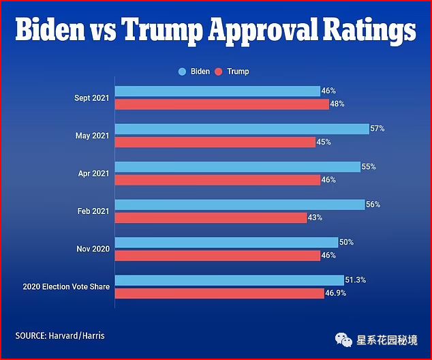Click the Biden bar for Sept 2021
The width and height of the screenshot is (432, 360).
click(x=217, y=91)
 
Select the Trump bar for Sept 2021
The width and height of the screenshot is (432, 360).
click(x=221, y=104)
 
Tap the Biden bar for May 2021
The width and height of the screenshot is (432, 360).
click(x=242, y=129)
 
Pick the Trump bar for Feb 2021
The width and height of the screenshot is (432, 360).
click(x=211, y=217)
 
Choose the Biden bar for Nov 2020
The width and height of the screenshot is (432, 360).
click(x=226, y=242)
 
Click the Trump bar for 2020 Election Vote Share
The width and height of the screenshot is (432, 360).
click(x=219, y=293)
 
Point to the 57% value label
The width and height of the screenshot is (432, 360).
click(x=378, y=128)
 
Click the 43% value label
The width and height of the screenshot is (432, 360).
click(x=315, y=217)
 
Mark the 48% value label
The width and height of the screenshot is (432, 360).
click(x=337, y=104)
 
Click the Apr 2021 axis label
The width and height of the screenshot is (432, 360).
click(x=93, y=174)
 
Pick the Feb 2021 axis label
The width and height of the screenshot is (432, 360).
click(x=93, y=211)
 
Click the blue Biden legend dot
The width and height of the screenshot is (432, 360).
click(x=182, y=72)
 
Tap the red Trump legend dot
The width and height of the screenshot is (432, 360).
click(x=219, y=72)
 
